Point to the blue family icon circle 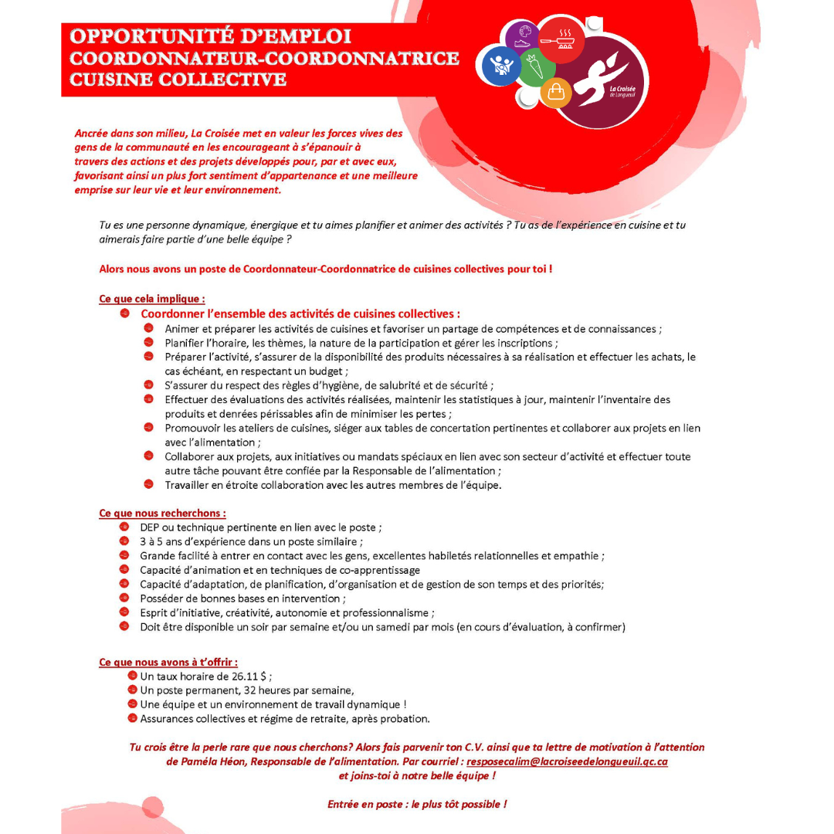(x=502, y=65)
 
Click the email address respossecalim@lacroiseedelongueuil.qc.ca (x=567, y=761)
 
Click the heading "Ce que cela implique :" (x=152, y=299)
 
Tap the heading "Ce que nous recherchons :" (x=162, y=513)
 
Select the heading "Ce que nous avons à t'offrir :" (x=168, y=662)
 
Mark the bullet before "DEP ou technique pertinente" (x=124, y=527)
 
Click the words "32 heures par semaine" (x=298, y=690)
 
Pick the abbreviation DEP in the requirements (x=149, y=527)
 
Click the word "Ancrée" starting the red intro (x=92, y=133)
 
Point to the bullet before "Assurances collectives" (x=133, y=718)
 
